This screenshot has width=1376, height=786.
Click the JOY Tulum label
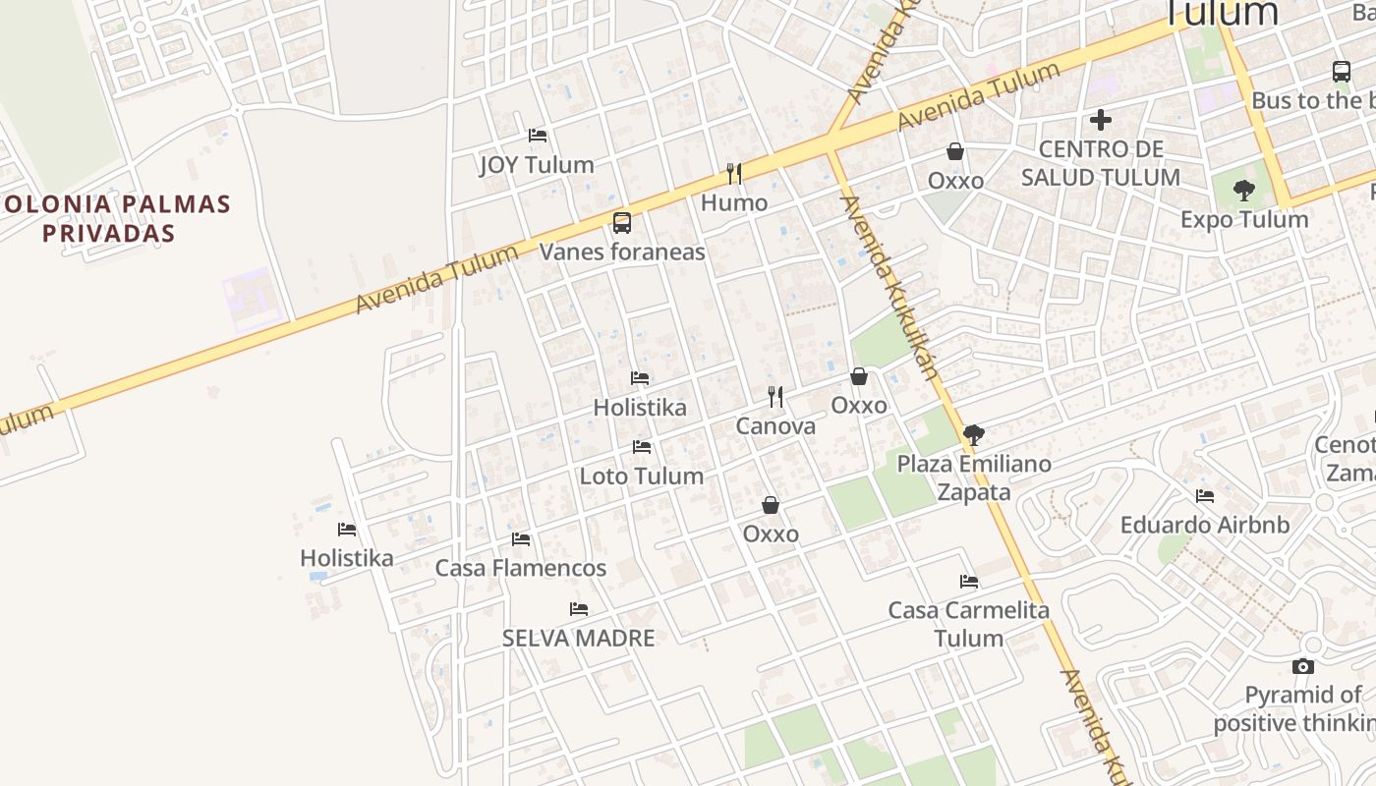(537, 164)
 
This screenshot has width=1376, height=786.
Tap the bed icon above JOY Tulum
(537, 135)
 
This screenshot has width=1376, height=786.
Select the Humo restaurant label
(734, 203)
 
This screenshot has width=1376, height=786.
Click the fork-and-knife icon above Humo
(734, 174)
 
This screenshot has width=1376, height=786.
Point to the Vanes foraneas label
(622, 252)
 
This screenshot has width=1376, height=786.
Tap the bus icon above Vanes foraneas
(622, 222)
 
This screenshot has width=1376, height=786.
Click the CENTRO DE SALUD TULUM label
(1101, 163)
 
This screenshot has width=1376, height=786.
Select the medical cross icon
(1101, 120)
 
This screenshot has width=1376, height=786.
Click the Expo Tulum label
(1244, 219)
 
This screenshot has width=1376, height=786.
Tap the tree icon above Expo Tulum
(1244, 190)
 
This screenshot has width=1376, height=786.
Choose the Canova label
(775, 426)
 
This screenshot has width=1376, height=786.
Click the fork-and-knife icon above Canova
(775, 397)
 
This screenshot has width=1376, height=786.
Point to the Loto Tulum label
(642, 476)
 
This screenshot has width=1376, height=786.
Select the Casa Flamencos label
(521, 568)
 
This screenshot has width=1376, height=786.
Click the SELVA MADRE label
(578, 638)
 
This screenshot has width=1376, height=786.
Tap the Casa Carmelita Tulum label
(969, 624)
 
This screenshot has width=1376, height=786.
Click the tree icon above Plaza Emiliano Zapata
(974, 434)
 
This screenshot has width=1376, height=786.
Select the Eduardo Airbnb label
(1205, 525)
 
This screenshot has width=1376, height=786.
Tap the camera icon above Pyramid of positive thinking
(1303, 666)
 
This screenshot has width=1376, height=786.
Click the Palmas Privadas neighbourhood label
(118, 219)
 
